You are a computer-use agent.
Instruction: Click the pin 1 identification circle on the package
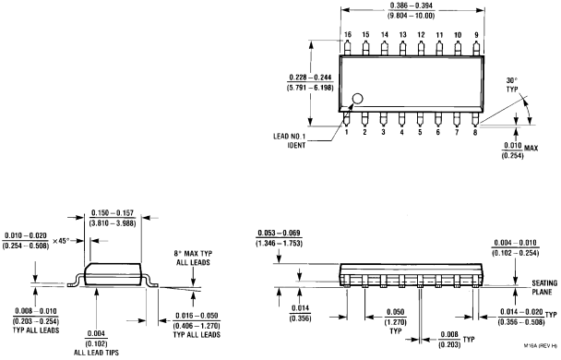pos(357,99)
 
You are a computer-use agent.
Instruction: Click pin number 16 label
pos(347,34)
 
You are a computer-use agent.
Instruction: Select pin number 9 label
pos(475,34)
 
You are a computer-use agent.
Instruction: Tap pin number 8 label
pos(475,132)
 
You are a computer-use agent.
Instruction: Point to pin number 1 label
pos(347,132)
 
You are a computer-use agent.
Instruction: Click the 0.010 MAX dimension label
pos(514,145)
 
